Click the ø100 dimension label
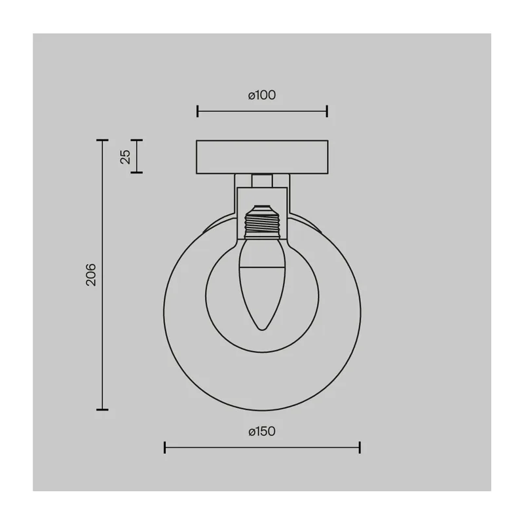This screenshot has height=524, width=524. click(x=262, y=95)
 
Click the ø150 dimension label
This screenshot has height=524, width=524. click(x=262, y=432)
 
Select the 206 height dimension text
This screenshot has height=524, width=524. click(x=91, y=274)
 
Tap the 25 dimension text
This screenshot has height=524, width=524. click(x=125, y=157)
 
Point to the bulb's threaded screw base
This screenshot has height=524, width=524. click(x=262, y=223)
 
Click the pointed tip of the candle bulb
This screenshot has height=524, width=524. click(x=263, y=329)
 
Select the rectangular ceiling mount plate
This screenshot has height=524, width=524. click(x=262, y=157)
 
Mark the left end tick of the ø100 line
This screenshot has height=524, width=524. click(x=198, y=111)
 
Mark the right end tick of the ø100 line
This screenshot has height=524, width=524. click(x=327, y=111)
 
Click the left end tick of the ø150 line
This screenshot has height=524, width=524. click(x=165, y=447)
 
